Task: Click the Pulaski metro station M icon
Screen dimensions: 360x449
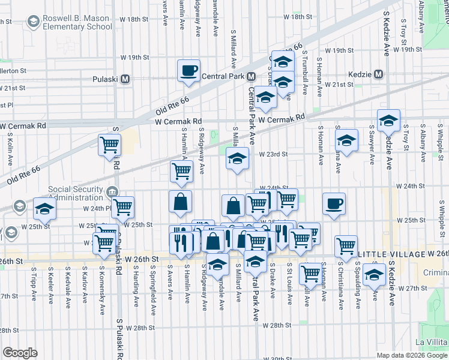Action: tap(126, 79)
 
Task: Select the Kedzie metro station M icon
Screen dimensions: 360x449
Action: tap(378, 74)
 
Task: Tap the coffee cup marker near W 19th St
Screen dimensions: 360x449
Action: tap(188, 71)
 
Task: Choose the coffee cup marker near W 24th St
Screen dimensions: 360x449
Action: tap(334, 203)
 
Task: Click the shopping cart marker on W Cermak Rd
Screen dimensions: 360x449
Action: tap(109, 145)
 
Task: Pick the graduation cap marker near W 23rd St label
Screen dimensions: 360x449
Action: tap(237, 159)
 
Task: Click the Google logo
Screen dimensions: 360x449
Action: tap(20, 353)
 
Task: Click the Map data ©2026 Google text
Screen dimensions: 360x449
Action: tap(412, 355)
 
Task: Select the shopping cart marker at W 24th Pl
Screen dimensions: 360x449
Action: tap(122, 207)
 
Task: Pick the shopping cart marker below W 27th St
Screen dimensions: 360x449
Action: tap(310, 273)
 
